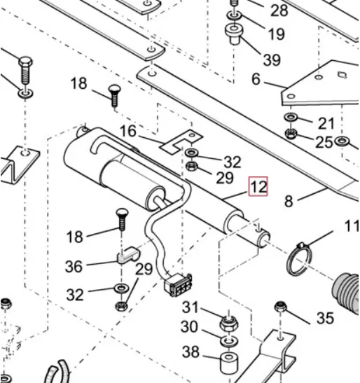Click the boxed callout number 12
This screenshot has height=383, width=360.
pyautogui.click(x=258, y=186)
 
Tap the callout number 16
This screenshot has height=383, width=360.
pyautogui.click(x=128, y=131)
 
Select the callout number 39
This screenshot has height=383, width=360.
pyautogui.click(x=272, y=60)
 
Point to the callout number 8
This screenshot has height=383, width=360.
pyautogui.click(x=289, y=202)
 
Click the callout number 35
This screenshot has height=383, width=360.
pyautogui.click(x=325, y=318)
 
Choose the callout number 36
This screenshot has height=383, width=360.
pyautogui.click(x=74, y=266)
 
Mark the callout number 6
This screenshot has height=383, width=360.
pyautogui.click(x=256, y=79)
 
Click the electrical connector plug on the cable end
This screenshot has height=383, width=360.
pyautogui.click(x=178, y=285)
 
